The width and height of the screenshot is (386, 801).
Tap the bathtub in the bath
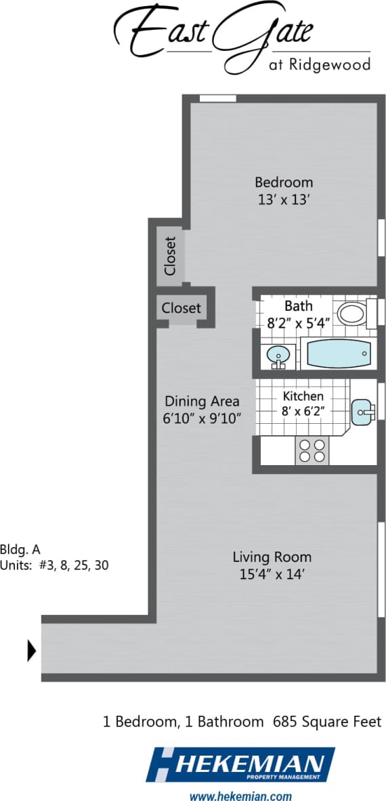339,353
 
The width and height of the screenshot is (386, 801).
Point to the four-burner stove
312,450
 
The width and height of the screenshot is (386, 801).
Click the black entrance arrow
31,651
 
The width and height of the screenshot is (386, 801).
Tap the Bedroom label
284,182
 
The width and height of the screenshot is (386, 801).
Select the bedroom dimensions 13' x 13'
284,200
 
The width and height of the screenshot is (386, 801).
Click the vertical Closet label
169,255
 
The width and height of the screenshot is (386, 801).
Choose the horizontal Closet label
181,308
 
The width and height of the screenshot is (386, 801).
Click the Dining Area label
202,401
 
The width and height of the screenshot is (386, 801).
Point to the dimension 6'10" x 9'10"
202,418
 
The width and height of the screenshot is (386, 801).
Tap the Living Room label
272,557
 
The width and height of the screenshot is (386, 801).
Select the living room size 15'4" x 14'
272,575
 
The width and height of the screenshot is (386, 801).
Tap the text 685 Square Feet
327,722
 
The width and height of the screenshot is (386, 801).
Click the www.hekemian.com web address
240,796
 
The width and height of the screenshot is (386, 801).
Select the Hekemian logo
240,765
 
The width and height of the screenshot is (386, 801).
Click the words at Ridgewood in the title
328,65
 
